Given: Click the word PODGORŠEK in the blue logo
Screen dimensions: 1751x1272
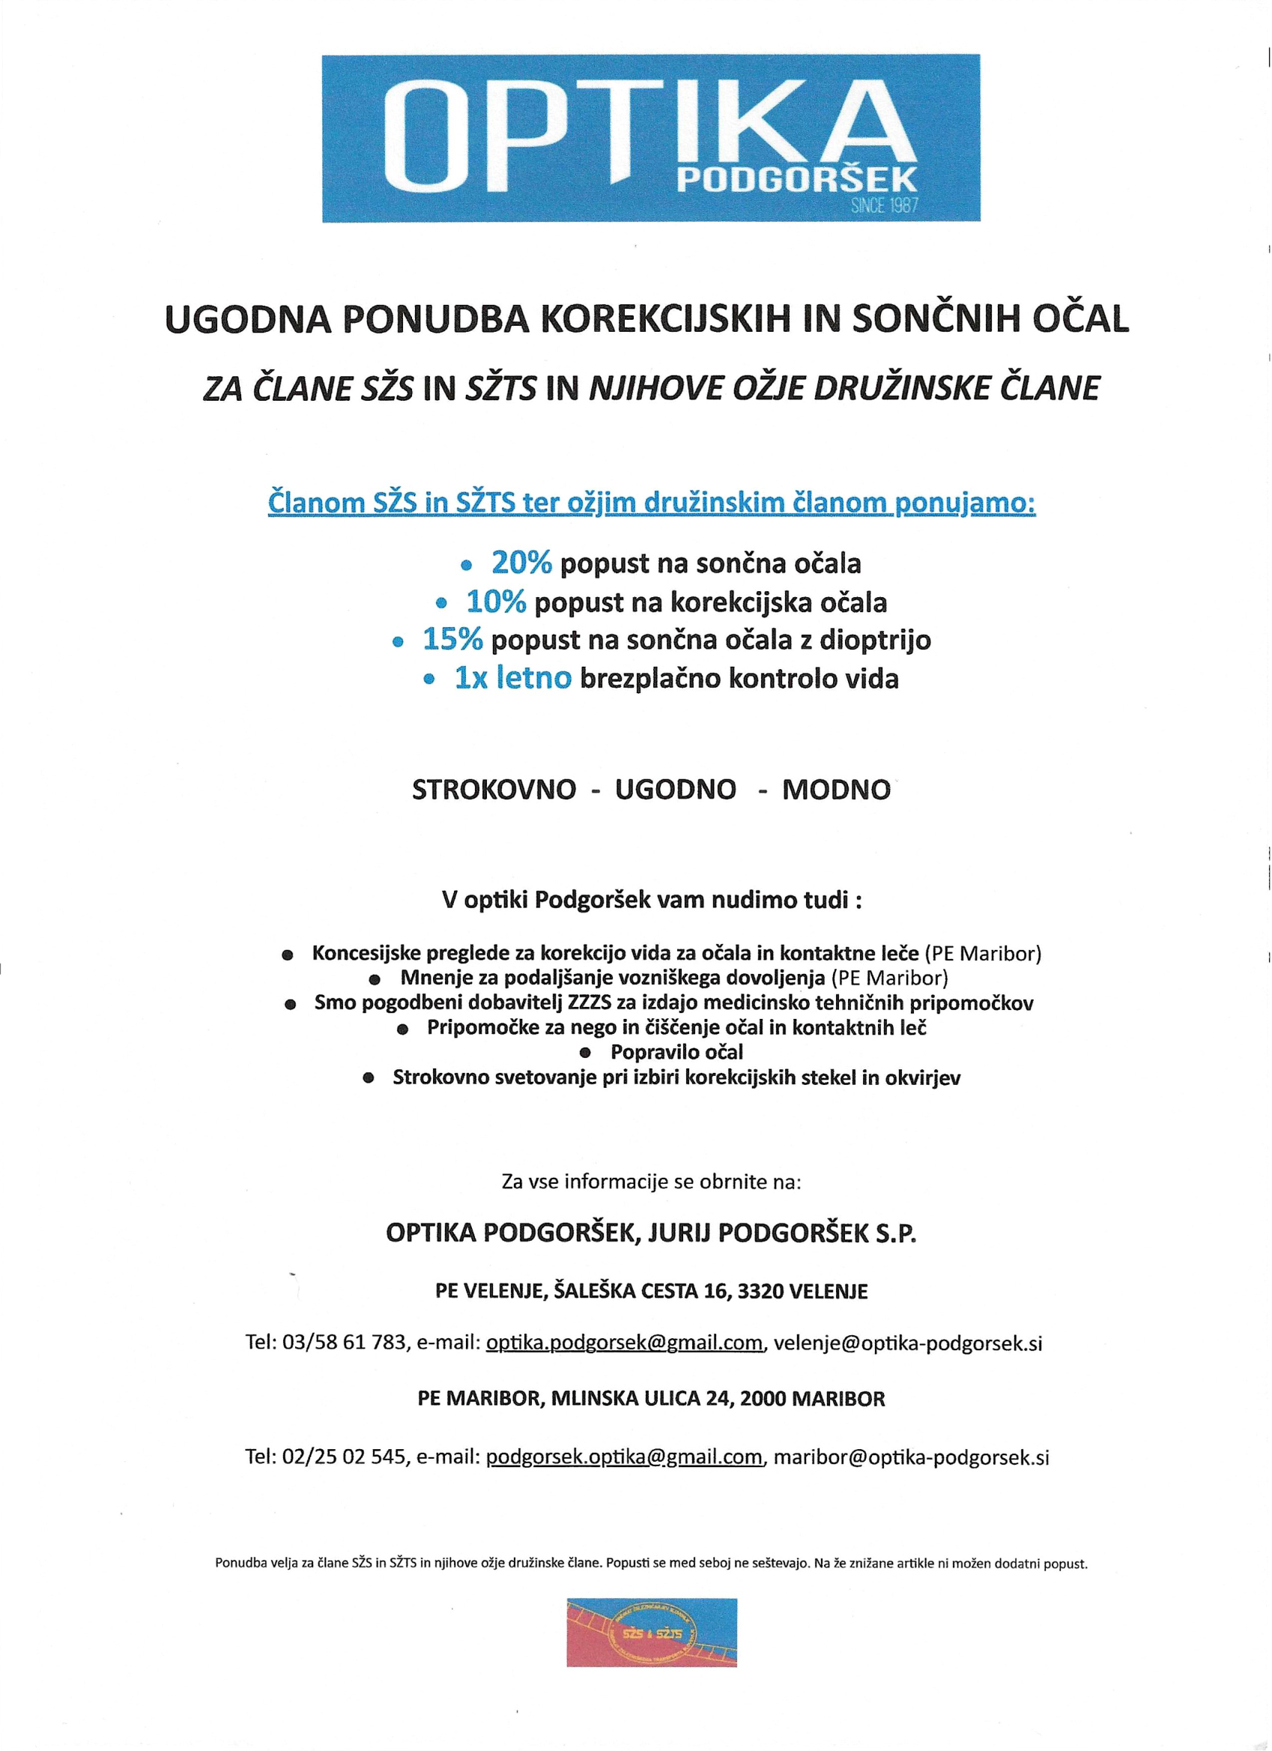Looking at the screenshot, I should pyautogui.click(x=796, y=179).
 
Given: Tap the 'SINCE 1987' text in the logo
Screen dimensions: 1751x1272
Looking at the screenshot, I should pyautogui.click(x=885, y=206).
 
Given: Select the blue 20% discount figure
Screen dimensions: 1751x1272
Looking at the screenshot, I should pyautogui.click(x=522, y=563).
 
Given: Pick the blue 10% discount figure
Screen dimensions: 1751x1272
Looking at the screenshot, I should pyautogui.click(x=497, y=602).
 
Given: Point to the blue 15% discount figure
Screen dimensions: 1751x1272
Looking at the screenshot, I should pyautogui.click(x=453, y=639).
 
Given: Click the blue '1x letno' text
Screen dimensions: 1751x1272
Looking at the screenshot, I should pyautogui.click(x=513, y=678).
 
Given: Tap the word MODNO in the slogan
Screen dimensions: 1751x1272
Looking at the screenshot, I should pyautogui.click(x=836, y=790).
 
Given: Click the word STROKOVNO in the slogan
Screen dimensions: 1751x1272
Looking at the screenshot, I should pyautogui.click(x=494, y=790).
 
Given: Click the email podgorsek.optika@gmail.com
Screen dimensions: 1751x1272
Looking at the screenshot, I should pyautogui.click(x=625, y=1457).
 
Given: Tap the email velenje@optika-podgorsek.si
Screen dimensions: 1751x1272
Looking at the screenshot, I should pyautogui.click(x=908, y=1343).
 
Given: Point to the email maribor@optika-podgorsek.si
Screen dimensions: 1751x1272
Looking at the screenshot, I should pyautogui.click(x=911, y=1457).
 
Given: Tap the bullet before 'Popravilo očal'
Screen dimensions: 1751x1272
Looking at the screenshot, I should pyautogui.click(x=585, y=1052).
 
